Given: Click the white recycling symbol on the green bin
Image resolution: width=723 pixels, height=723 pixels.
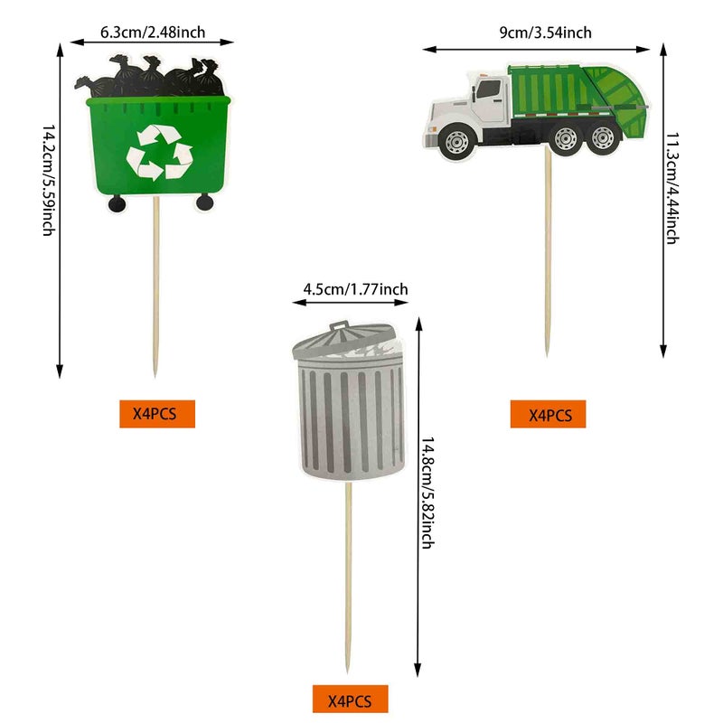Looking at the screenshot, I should (x=159, y=151).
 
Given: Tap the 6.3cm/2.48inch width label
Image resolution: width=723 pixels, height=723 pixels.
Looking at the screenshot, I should (x=152, y=33).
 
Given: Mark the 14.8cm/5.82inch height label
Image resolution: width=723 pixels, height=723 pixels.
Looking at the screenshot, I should (x=427, y=493).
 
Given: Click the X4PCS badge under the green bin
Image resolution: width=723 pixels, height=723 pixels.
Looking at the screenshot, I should (x=157, y=414).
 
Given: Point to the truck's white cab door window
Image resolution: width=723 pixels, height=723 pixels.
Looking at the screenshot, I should (x=489, y=89).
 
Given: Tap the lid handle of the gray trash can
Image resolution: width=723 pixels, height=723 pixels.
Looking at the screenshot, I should (x=338, y=324).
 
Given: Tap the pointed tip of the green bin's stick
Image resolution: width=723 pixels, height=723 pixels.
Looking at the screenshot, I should (x=155, y=372).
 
